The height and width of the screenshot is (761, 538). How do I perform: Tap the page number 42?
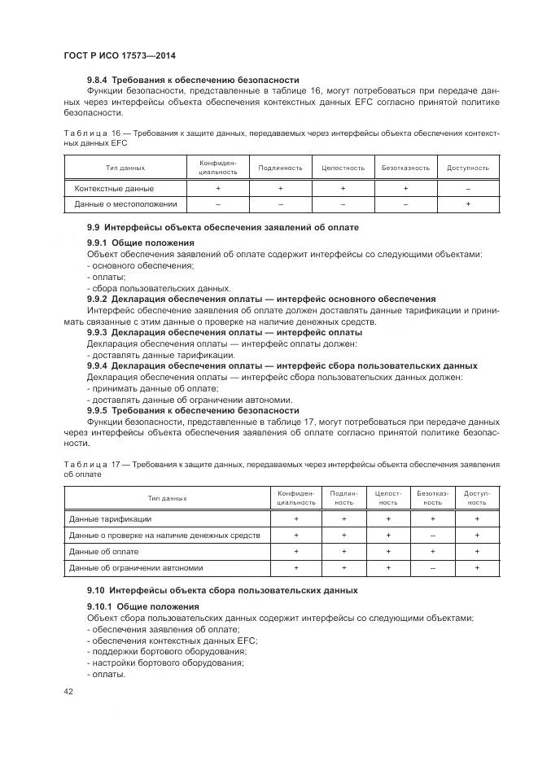click(68, 691)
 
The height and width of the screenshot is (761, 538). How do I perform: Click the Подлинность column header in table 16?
click(280, 168)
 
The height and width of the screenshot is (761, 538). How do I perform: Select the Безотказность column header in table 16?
click(405, 168)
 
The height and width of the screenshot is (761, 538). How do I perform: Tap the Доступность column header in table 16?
click(468, 168)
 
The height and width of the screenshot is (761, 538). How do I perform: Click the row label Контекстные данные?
click(107, 188)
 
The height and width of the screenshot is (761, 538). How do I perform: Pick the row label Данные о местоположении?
click(125, 203)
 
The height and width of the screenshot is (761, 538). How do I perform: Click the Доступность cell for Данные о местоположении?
click(468, 203)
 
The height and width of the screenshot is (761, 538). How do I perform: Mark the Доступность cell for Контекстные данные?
click(468, 188)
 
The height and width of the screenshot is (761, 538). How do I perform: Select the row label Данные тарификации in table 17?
click(110, 518)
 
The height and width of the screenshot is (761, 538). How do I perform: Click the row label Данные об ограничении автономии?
click(136, 567)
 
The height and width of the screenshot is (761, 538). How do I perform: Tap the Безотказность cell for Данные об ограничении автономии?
click(432, 567)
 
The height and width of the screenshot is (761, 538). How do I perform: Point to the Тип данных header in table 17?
click(167, 497)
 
